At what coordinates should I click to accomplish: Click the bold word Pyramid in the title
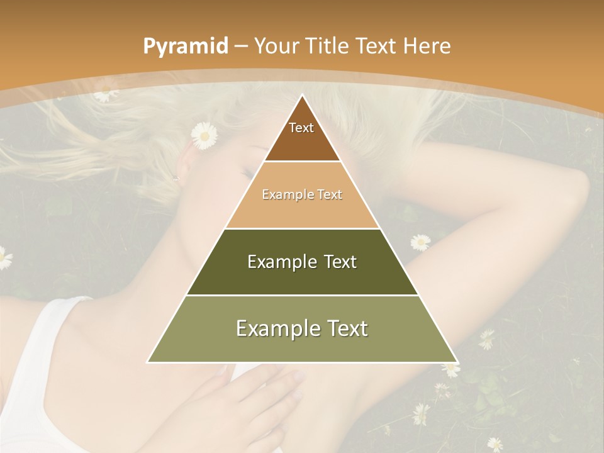point(185,47)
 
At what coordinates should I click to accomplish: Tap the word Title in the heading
point(327,47)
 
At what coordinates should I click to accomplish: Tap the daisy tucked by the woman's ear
point(204,135)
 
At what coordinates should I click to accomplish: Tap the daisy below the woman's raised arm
point(420,242)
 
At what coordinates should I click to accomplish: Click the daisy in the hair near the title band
point(104,94)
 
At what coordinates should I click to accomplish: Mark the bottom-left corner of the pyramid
point(148,362)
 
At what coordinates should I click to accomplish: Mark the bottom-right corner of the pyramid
point(457,362)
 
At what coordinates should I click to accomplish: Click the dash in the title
point(241,47)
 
